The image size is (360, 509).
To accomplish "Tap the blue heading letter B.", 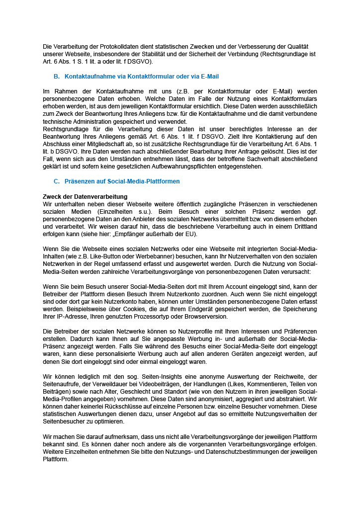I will click(56, 77).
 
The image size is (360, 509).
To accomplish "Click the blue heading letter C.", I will click(56, 181).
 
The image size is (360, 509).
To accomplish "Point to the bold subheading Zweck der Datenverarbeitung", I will click(85, 197).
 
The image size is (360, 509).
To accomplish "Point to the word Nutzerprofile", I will click(182, 332).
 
